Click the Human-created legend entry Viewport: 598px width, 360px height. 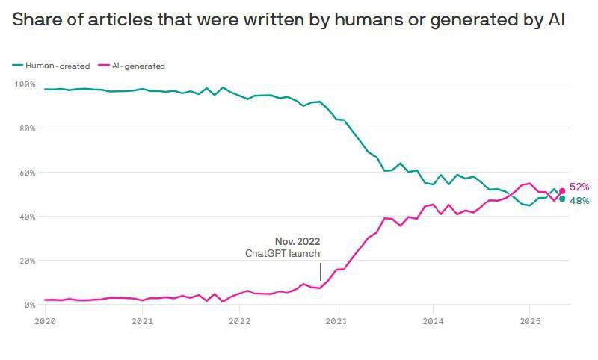click(x=57, y=66)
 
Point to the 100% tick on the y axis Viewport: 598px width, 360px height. click(x=25, y=84)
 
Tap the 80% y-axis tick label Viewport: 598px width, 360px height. click(x=27, y=128)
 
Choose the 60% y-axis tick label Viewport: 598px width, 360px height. click(x=27, y=173)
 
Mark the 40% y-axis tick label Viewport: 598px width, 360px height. click(x=27, y=217)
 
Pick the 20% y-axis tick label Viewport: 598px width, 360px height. click(x=27, y=261)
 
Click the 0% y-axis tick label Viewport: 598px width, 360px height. click(x=29, y=305)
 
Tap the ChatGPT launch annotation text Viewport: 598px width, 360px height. click(x=283, y=254)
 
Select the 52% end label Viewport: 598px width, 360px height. click(x=579, y=187)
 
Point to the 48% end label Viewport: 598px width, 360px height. click(x=579, y=201)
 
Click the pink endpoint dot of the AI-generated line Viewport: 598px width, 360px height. click(x=562, y=191)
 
